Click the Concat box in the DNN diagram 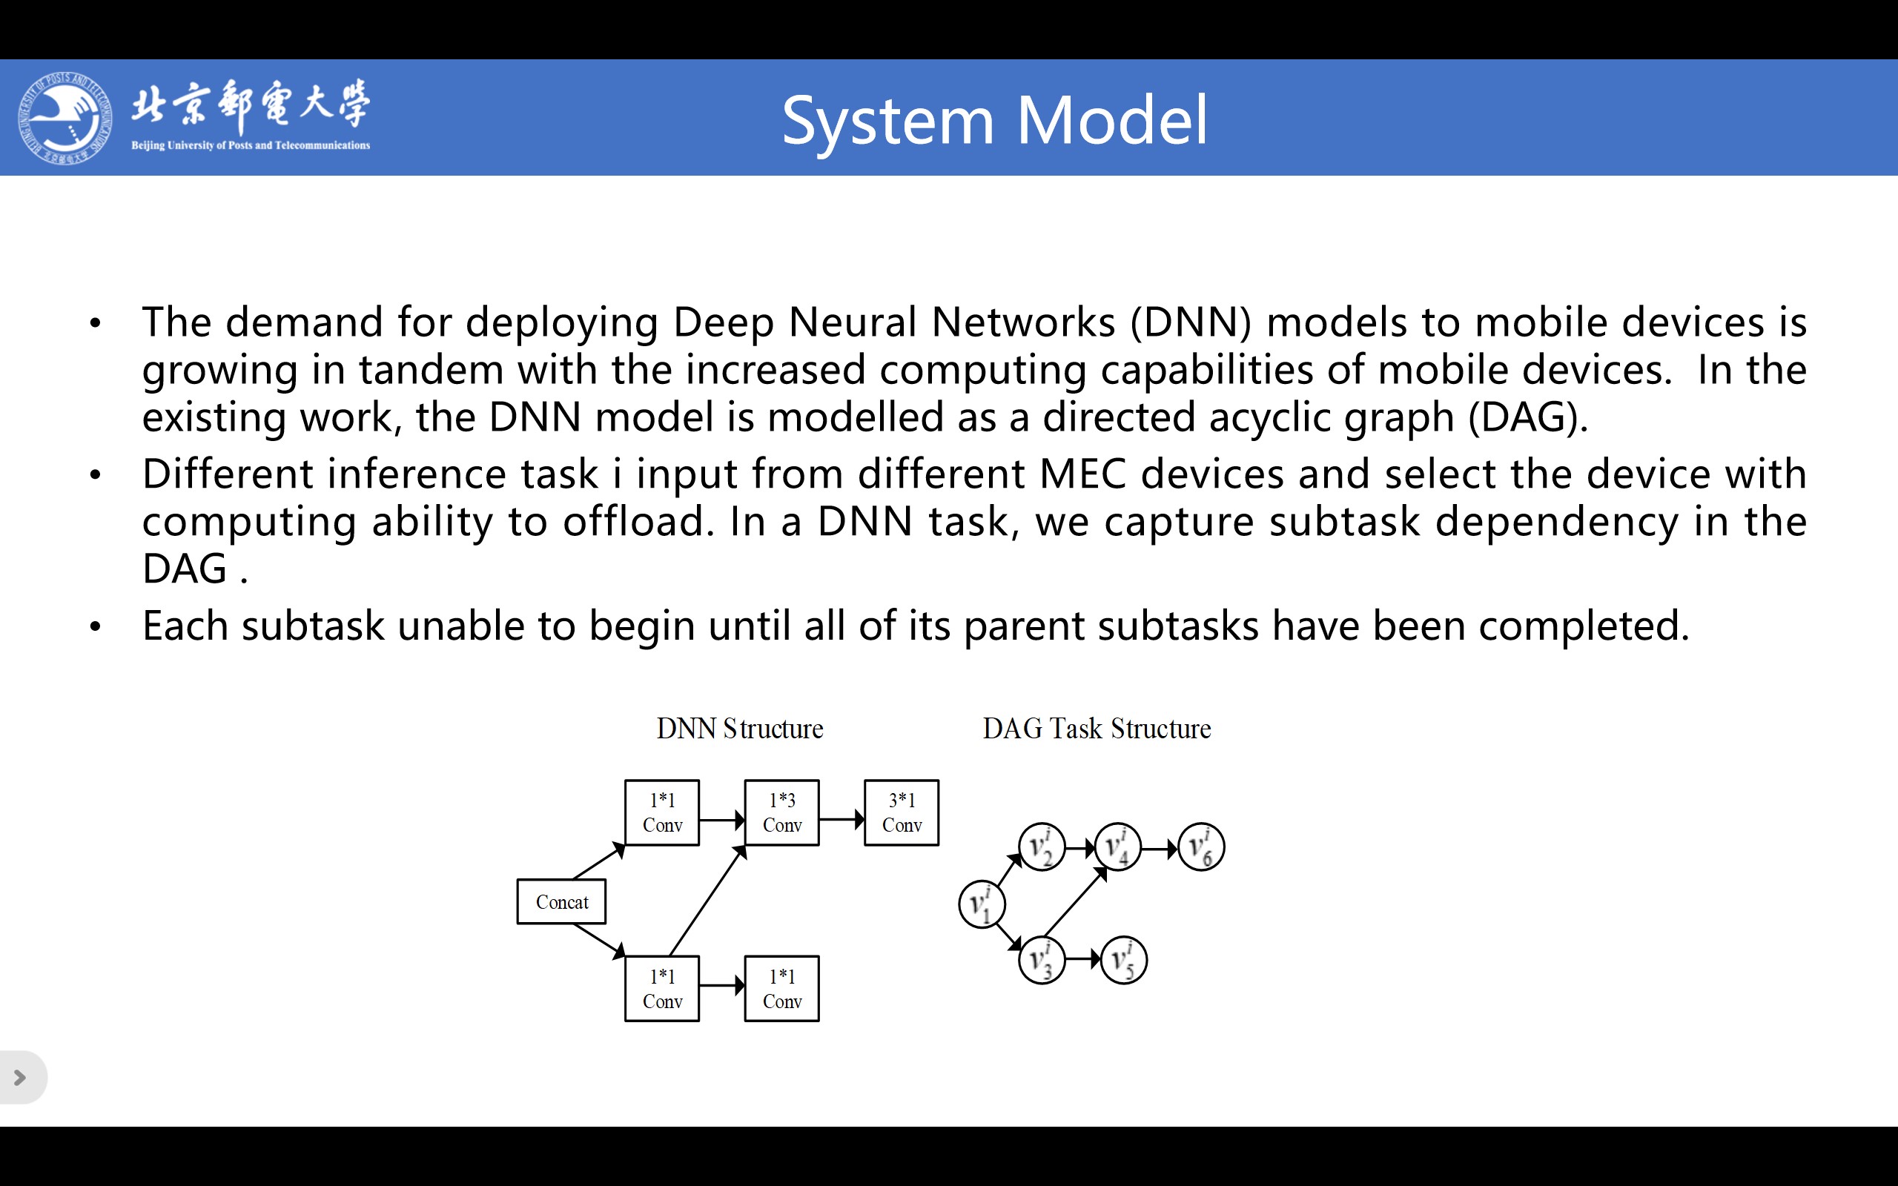pos(561,901)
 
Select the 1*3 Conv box pos(782,812)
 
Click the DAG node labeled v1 pos(982,904)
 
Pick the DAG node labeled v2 pos(1042,847)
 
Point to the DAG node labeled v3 pos(1042,960)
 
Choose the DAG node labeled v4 pos(1117,847)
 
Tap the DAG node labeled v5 pos(1124,960)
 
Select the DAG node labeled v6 pos(1201,847)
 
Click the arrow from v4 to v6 pos(1160,848)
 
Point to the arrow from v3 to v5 pos(1083,959)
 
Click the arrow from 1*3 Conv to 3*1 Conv pos(841,820)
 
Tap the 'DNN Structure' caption pos(740,729)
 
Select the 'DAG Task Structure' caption pos(1097,729)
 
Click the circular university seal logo pos(65,118)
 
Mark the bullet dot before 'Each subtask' pos(96,627)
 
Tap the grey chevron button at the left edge pos(22,1078)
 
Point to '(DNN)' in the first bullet pos(1191,322)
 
